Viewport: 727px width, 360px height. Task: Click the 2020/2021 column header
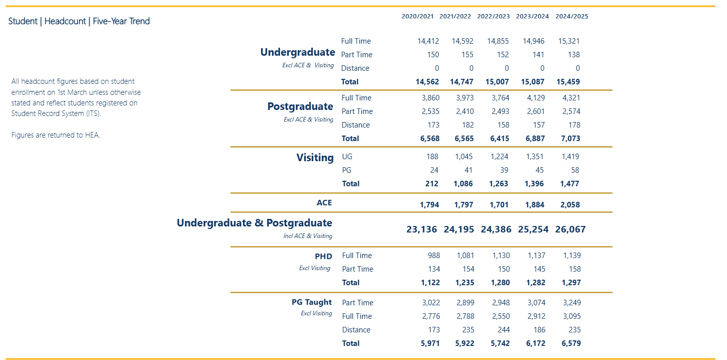(417, 16)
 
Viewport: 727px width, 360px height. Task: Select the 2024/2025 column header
(571, 16)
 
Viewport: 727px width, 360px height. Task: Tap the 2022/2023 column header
(494, 16)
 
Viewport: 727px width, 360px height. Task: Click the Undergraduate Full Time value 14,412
(428, 41)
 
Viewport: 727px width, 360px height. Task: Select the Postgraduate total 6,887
(534, 138)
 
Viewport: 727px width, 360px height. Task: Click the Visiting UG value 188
(432, 157)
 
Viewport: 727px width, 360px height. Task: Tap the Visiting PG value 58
(574, 170)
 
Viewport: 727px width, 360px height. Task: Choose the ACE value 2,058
(570, 205)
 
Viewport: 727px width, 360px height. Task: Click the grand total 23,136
(422, 229)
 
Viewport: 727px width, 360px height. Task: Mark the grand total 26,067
(570, 229)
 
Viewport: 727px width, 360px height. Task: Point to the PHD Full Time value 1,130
(501, 256)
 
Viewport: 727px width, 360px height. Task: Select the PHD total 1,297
(570, 283)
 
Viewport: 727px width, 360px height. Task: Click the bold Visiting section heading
(315, 158)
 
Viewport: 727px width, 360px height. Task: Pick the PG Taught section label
(312, 302)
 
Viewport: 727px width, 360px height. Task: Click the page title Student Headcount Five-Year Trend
(79, 21)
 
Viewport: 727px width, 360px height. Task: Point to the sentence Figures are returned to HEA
(56, 135)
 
